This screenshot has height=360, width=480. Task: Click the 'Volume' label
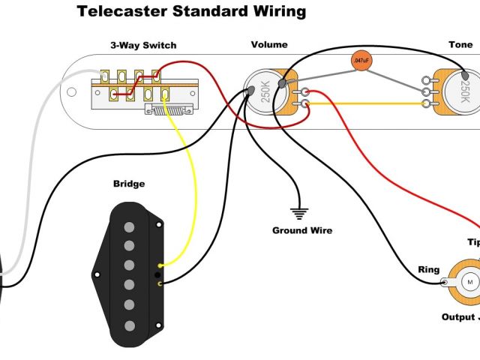[x=268, y=45]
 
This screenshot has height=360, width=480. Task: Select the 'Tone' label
[x=460, y=45]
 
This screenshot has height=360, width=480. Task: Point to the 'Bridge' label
[x=128, y=184]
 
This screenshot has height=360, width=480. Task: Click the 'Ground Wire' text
[x=301, y=230]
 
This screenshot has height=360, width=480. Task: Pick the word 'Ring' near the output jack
[x=428, y=270]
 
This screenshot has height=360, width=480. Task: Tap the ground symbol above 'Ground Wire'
[x=301, y=211]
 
